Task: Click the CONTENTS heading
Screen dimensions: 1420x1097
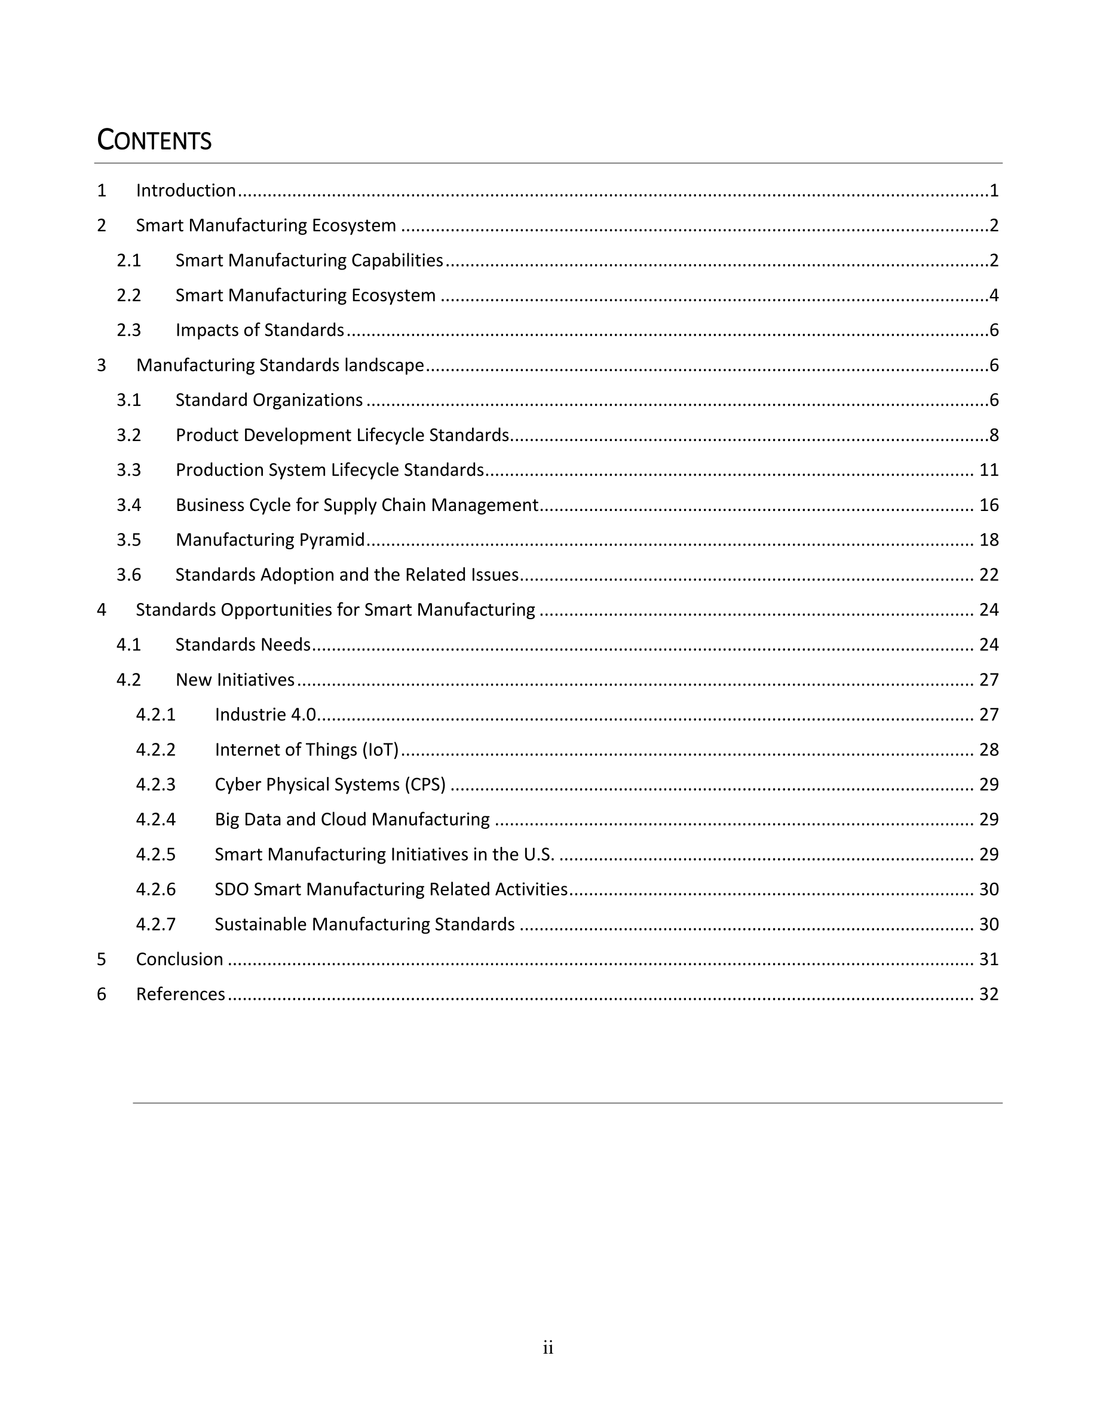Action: [154, 140]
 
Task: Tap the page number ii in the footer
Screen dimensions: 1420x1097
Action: [548, 1348]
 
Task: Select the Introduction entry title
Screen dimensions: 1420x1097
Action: [186, 191]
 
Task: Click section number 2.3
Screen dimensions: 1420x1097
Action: [128, 330]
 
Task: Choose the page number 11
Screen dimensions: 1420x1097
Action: [988, 470]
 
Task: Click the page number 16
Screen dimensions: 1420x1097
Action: [988, 505]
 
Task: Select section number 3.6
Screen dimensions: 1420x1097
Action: [128, 575]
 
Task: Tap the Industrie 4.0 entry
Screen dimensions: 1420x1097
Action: [265, 715]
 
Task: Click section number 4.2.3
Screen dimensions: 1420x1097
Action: [155, 785]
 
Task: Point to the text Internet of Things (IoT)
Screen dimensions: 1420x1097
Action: [306, 749]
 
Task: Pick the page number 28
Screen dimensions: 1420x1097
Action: [988, 749]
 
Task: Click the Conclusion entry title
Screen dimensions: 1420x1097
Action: [179, 960]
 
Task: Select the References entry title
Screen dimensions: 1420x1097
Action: [180, 994]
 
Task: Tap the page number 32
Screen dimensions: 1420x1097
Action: [988, 994]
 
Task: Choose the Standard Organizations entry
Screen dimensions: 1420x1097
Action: [269, 400]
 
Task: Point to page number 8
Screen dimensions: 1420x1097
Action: [994, 435]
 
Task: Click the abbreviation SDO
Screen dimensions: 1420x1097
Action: [231, 889]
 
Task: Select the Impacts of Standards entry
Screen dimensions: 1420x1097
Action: [259, 330]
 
